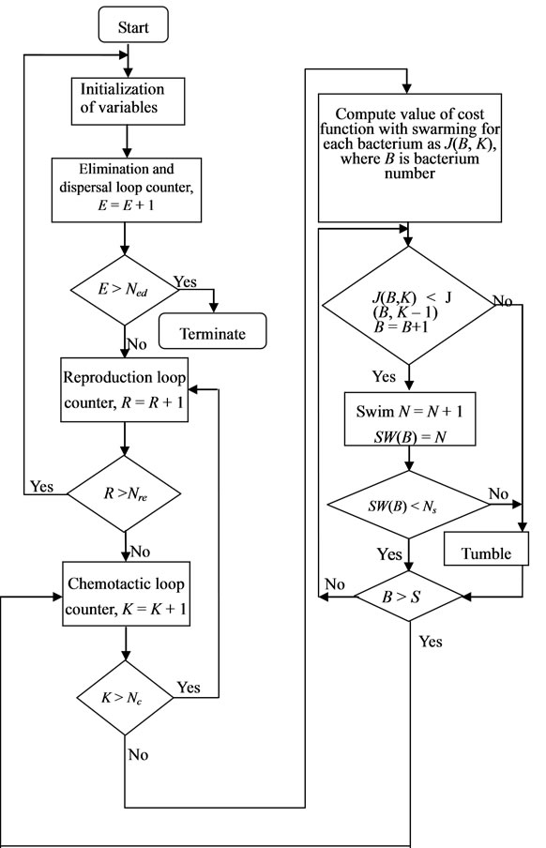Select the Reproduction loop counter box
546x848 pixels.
125,389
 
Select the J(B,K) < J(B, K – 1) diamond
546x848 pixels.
407,304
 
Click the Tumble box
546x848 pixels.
486,553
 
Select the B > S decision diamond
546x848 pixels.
407,594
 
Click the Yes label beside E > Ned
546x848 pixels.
188,281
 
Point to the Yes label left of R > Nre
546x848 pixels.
41,486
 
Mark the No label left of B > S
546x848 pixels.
334,583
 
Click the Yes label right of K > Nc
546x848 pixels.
189,688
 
